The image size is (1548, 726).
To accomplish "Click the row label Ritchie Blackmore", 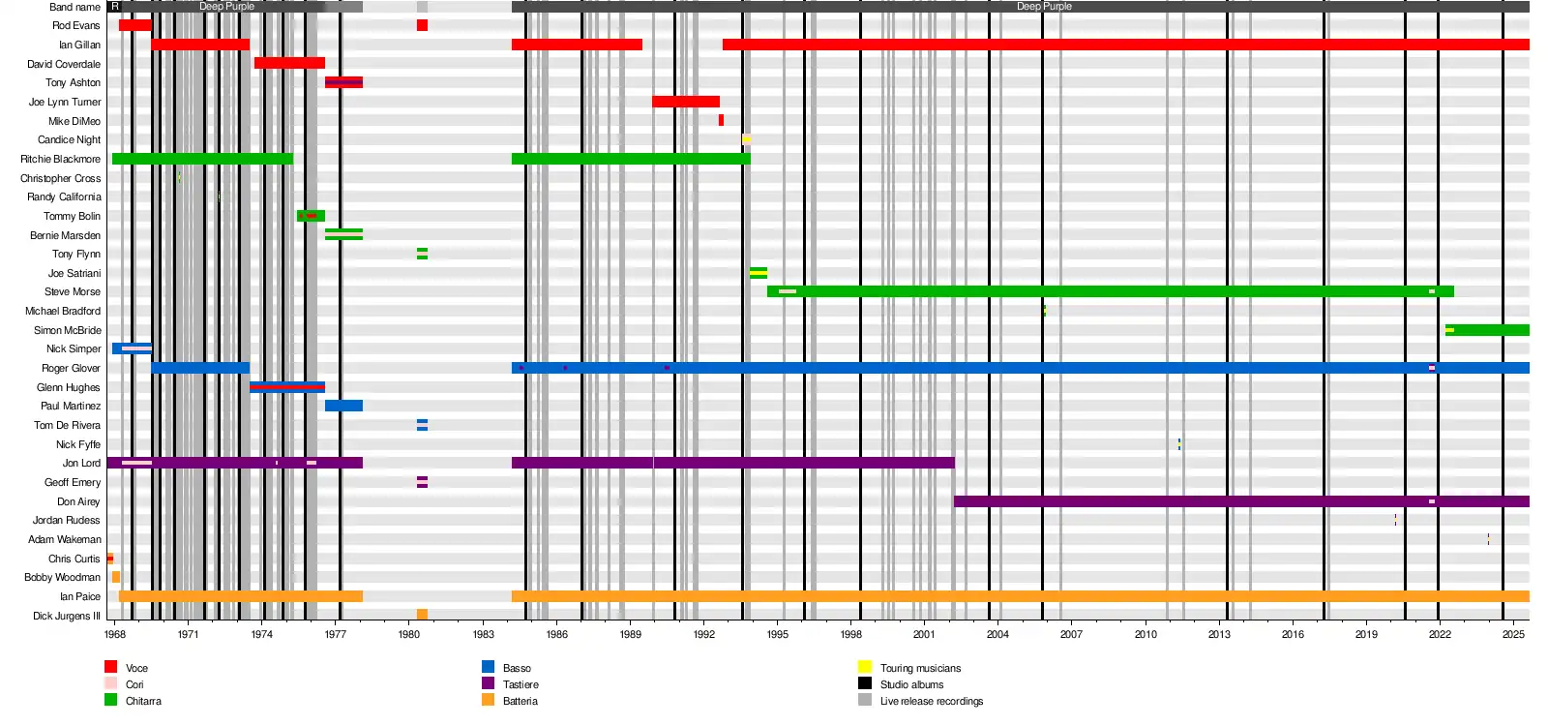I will [60, 159].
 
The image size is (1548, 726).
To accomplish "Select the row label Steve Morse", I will [72, 291].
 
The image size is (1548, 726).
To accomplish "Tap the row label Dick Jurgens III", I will [66, 616].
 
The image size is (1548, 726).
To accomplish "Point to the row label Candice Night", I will [69, 139].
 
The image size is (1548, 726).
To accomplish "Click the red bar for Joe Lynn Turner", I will [685, 102].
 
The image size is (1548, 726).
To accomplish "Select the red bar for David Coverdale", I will [289, 63].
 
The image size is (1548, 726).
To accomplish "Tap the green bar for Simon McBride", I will [1490, 330].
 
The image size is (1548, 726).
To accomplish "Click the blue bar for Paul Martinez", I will [343, 406].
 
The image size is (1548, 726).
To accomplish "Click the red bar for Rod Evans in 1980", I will [422, 25].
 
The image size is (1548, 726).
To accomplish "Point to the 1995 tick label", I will [777, 635].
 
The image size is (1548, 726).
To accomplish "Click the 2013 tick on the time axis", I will [1219, 635].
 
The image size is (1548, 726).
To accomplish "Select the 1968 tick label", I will [114, 635].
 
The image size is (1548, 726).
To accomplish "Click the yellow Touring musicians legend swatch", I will [865, 667].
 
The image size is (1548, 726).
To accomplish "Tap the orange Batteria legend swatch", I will [489, 700].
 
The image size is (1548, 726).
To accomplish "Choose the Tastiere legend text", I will [521, 684].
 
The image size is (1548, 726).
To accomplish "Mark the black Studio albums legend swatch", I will [865, 683].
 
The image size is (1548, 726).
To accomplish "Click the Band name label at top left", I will [74, 7].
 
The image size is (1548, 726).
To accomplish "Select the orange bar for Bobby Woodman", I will [116, 577].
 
